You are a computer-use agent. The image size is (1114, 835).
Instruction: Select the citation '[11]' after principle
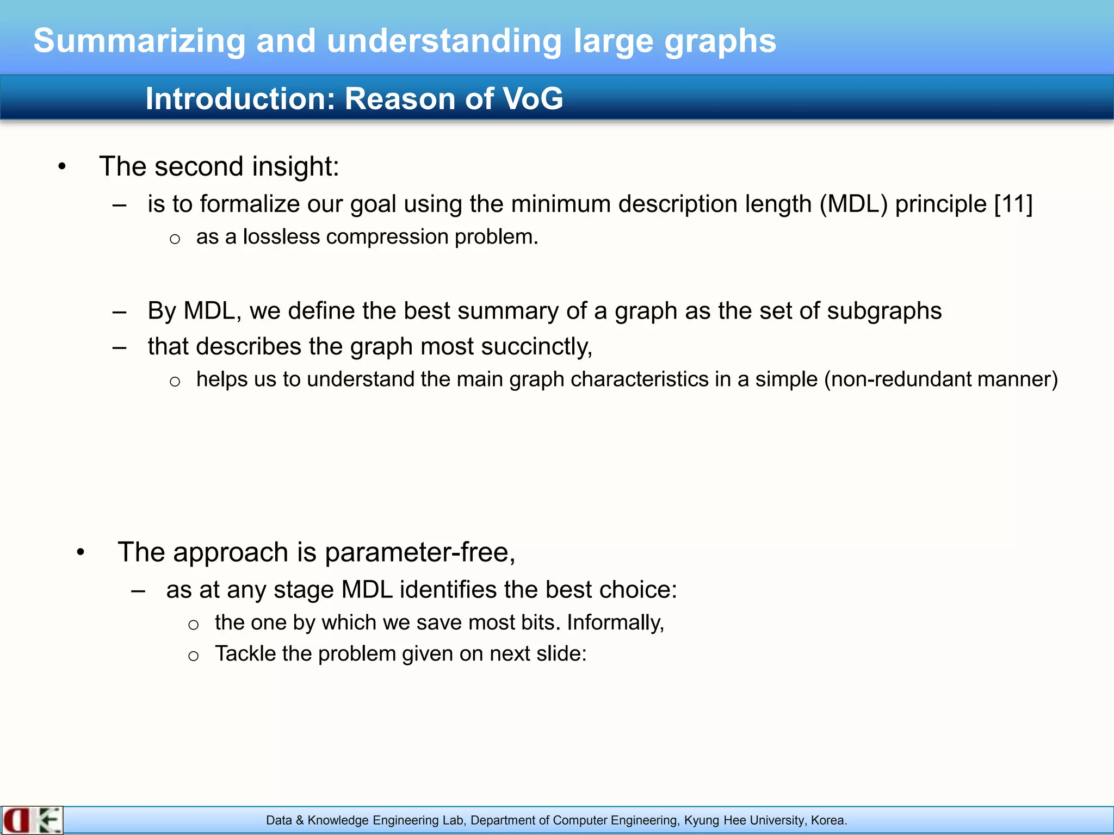[x=1013, y=204]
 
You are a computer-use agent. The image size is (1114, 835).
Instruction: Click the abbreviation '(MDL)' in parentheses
[x=853, y=204]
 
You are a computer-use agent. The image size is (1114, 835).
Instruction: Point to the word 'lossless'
[x=281, y=237]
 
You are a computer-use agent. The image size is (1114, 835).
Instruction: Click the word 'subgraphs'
[x=884, y=311]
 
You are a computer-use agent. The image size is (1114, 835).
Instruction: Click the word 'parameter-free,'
[x=420, y=552]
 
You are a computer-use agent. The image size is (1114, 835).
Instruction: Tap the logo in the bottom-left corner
[x=32, y=820]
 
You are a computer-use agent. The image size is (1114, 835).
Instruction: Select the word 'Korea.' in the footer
[x=828, y=820]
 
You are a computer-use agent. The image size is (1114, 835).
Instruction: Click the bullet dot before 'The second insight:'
[x=62, y=167]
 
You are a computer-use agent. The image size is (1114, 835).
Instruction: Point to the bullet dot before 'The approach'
[x=81, y=553]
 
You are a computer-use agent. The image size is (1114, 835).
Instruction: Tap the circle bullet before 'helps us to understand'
[x=175, y=382]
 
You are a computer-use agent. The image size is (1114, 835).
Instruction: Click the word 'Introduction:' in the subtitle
[x=240, y=99]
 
